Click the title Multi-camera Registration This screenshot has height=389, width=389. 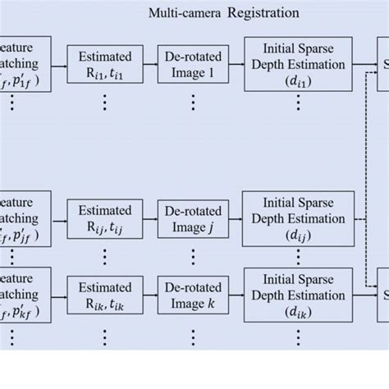223,13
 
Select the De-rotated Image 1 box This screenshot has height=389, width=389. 192,66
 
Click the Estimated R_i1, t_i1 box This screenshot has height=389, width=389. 103,66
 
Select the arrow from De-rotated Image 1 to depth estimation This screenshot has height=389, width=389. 235,66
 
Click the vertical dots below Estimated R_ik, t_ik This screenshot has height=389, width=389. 103,336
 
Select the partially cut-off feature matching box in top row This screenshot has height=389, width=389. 25,66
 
